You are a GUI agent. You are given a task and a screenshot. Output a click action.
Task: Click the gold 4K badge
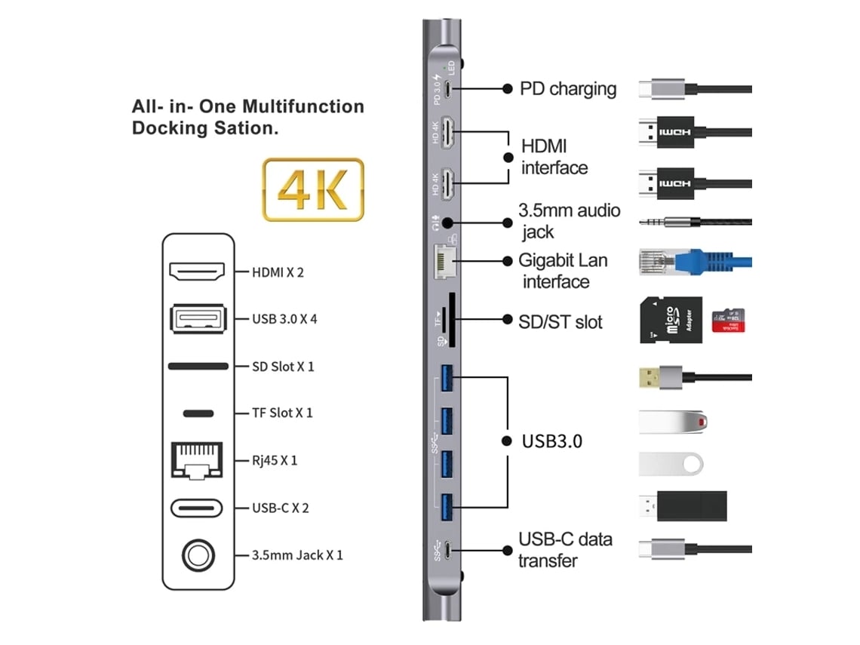click(312, 189)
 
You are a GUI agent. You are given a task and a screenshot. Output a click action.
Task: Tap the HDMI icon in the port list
click(198, 271)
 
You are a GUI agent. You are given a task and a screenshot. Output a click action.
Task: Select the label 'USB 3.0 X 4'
click(284, 318)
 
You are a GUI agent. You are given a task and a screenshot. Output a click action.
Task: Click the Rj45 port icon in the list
click(198, 460)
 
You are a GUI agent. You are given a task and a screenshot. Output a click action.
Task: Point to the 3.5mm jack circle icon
click(198, 555)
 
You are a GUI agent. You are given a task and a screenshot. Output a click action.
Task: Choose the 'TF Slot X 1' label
click(282, 413)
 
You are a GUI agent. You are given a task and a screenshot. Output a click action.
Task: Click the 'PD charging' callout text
click(568, 88)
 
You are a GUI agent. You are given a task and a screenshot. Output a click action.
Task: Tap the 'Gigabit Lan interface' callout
click(562, 271)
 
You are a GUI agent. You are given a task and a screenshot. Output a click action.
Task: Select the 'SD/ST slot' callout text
click(561, 322)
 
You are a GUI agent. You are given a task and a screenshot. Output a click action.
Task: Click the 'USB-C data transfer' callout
click(565, 550)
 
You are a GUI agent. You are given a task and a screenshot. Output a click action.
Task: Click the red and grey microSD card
click(728, 320)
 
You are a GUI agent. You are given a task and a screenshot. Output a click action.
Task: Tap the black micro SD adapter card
click(671, 320)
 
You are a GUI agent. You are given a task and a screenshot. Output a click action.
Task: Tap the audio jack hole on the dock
click(448, 223)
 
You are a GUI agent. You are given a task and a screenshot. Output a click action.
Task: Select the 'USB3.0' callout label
click(551, 441)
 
